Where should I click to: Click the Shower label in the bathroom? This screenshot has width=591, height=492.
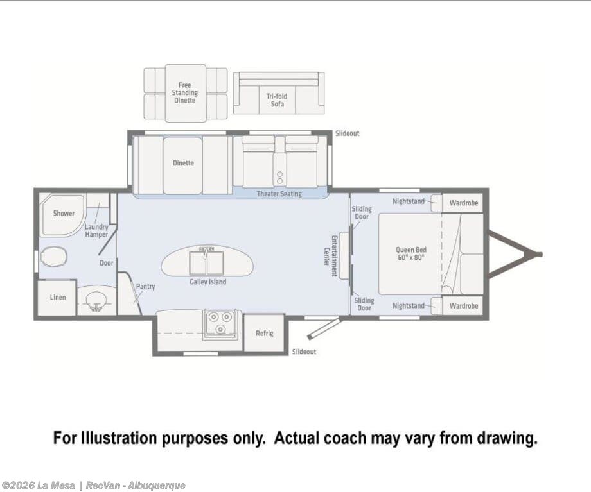(x=64, y=214)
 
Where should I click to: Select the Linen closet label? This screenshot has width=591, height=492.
(x=58, y=298)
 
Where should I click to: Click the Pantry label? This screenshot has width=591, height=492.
(x=145, y=287)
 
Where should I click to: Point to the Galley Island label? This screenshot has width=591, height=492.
(x=208, y=282)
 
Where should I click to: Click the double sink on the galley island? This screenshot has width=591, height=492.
(x=206, y=262)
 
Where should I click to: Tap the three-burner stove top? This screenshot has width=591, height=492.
(x=220, y=323)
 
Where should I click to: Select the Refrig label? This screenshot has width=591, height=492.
(x=264, y=333)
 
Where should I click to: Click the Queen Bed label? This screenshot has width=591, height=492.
(x=411, y=253)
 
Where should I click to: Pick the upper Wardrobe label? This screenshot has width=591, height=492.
(x=464, y=203)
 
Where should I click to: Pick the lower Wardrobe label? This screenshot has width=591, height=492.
(x=464, y=306)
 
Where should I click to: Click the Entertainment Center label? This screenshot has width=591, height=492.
(x=330, y=256)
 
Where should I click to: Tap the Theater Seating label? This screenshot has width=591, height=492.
(x=279, y=194)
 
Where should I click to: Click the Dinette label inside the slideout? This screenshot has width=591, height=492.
(x=183, y=163)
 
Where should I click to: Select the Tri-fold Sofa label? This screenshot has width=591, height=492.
(x=277, y=100)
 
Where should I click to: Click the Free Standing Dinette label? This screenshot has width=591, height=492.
(x=185, y=92)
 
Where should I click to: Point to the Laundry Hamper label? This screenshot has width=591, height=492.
(x=96, y=230)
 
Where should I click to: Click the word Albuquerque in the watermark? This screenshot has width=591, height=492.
(x=156, y=486)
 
